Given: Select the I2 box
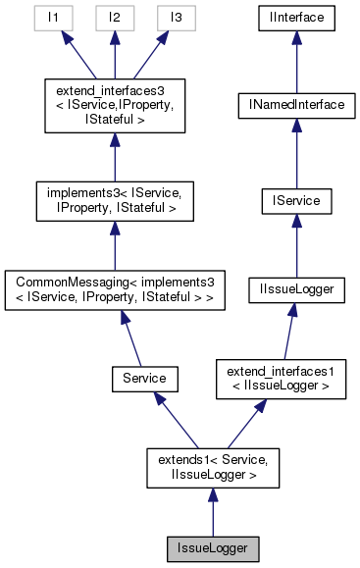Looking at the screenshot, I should pos(115,18).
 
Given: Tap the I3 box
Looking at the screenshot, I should pos(176,18).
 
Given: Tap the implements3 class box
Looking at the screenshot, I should pos(115,201).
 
